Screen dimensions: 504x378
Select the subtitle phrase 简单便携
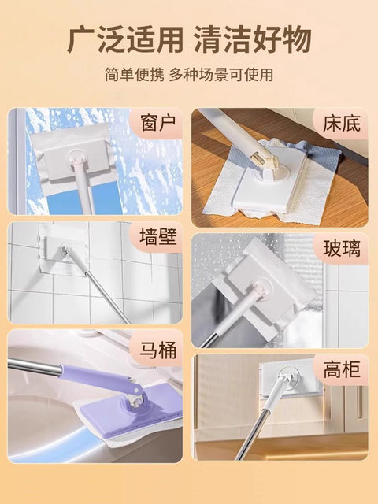tap(135, 76)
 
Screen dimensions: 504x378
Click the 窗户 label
tap(156, 124)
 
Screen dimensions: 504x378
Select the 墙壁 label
tap(156, 238)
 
